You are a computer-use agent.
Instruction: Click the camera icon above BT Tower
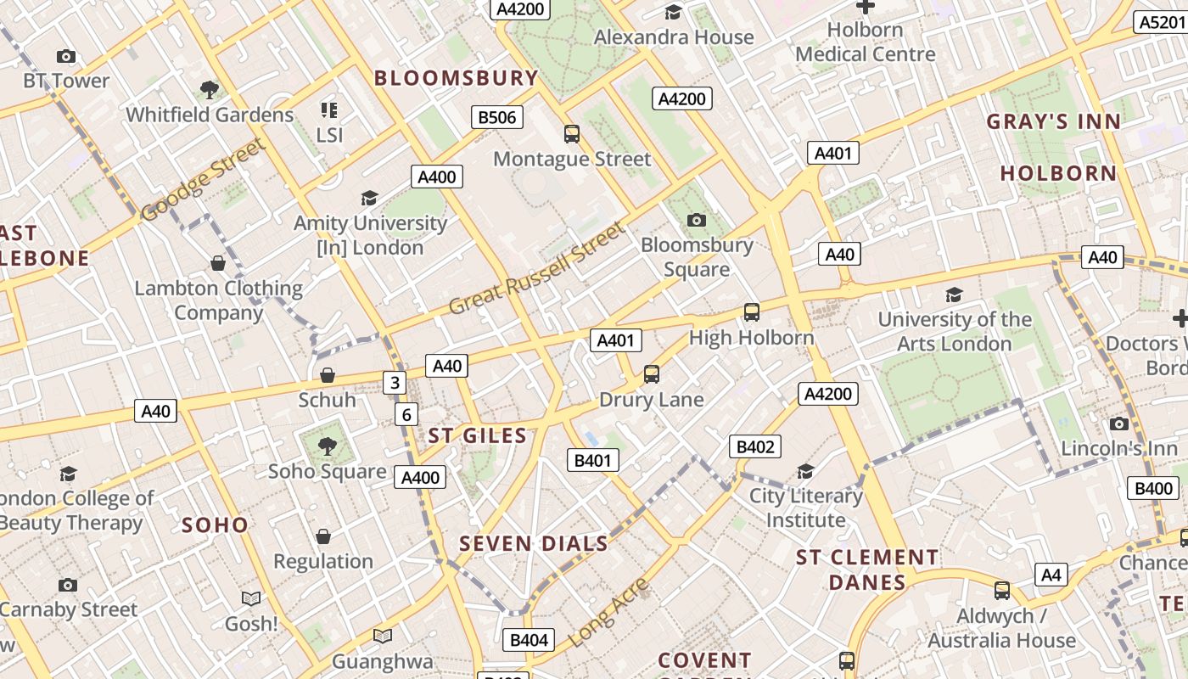[x=66, y=57]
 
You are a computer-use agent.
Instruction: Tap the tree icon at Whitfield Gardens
[x=210, y=89]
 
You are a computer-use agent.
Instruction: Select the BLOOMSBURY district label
[x=457, y=78]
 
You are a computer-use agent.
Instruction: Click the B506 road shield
[x=497, y=117]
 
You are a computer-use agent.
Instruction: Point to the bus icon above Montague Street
[x=572, y=133]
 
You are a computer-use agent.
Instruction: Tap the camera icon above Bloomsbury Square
[x=697, y=221]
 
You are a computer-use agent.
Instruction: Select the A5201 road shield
[x=1160, y=22]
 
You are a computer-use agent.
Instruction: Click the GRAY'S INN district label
[x=1053, y=121]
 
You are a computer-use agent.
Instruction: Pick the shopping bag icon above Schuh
[x=327, y=375]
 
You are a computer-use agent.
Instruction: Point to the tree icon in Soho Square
[x=327, y=446]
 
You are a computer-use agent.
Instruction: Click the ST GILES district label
[x=477, y=435]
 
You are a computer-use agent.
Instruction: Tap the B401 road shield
[x=593, y=461]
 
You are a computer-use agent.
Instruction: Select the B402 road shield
[x=754, y=446]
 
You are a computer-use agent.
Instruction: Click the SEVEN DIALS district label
[x=534, y=543]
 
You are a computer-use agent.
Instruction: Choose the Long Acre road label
[x=608, y=613]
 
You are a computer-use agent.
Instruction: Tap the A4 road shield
[x=1051, y=575]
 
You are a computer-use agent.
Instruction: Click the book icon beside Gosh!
[x=251, y=599]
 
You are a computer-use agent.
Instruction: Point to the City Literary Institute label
[x=806, y=508]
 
